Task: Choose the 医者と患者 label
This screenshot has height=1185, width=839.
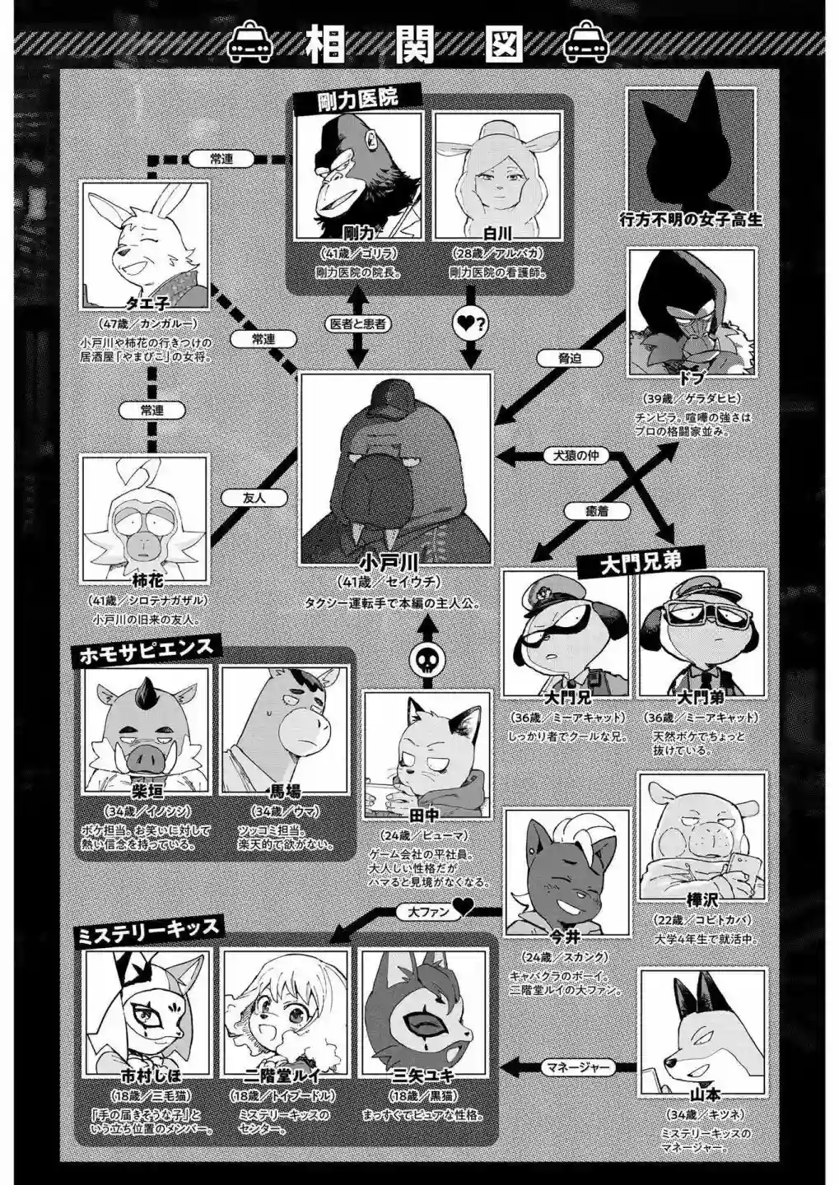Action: (x=357, y=324)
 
